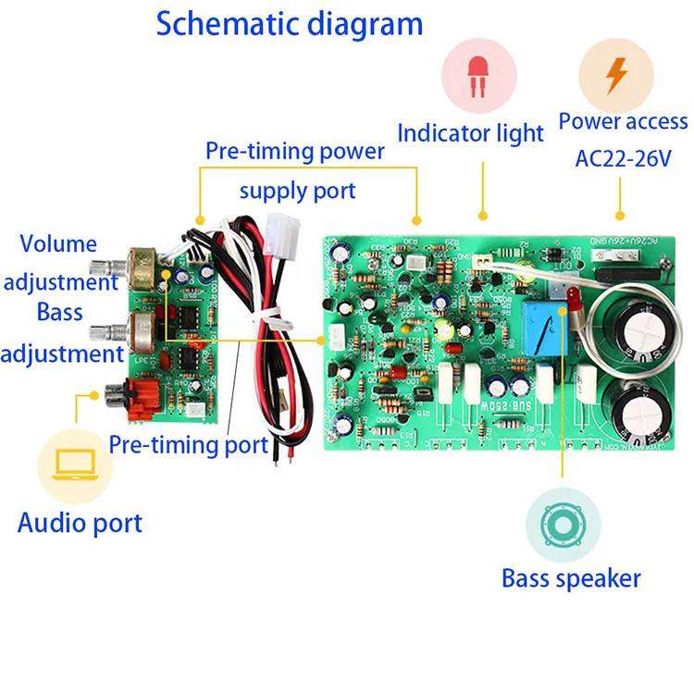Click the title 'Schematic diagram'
point(289,24)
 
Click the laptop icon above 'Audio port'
point(75,465)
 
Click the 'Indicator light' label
point(470,133)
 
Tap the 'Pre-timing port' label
point(188,444)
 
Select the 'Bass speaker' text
point(570,579)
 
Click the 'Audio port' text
point(80,523)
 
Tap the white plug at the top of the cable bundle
point(279,229)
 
